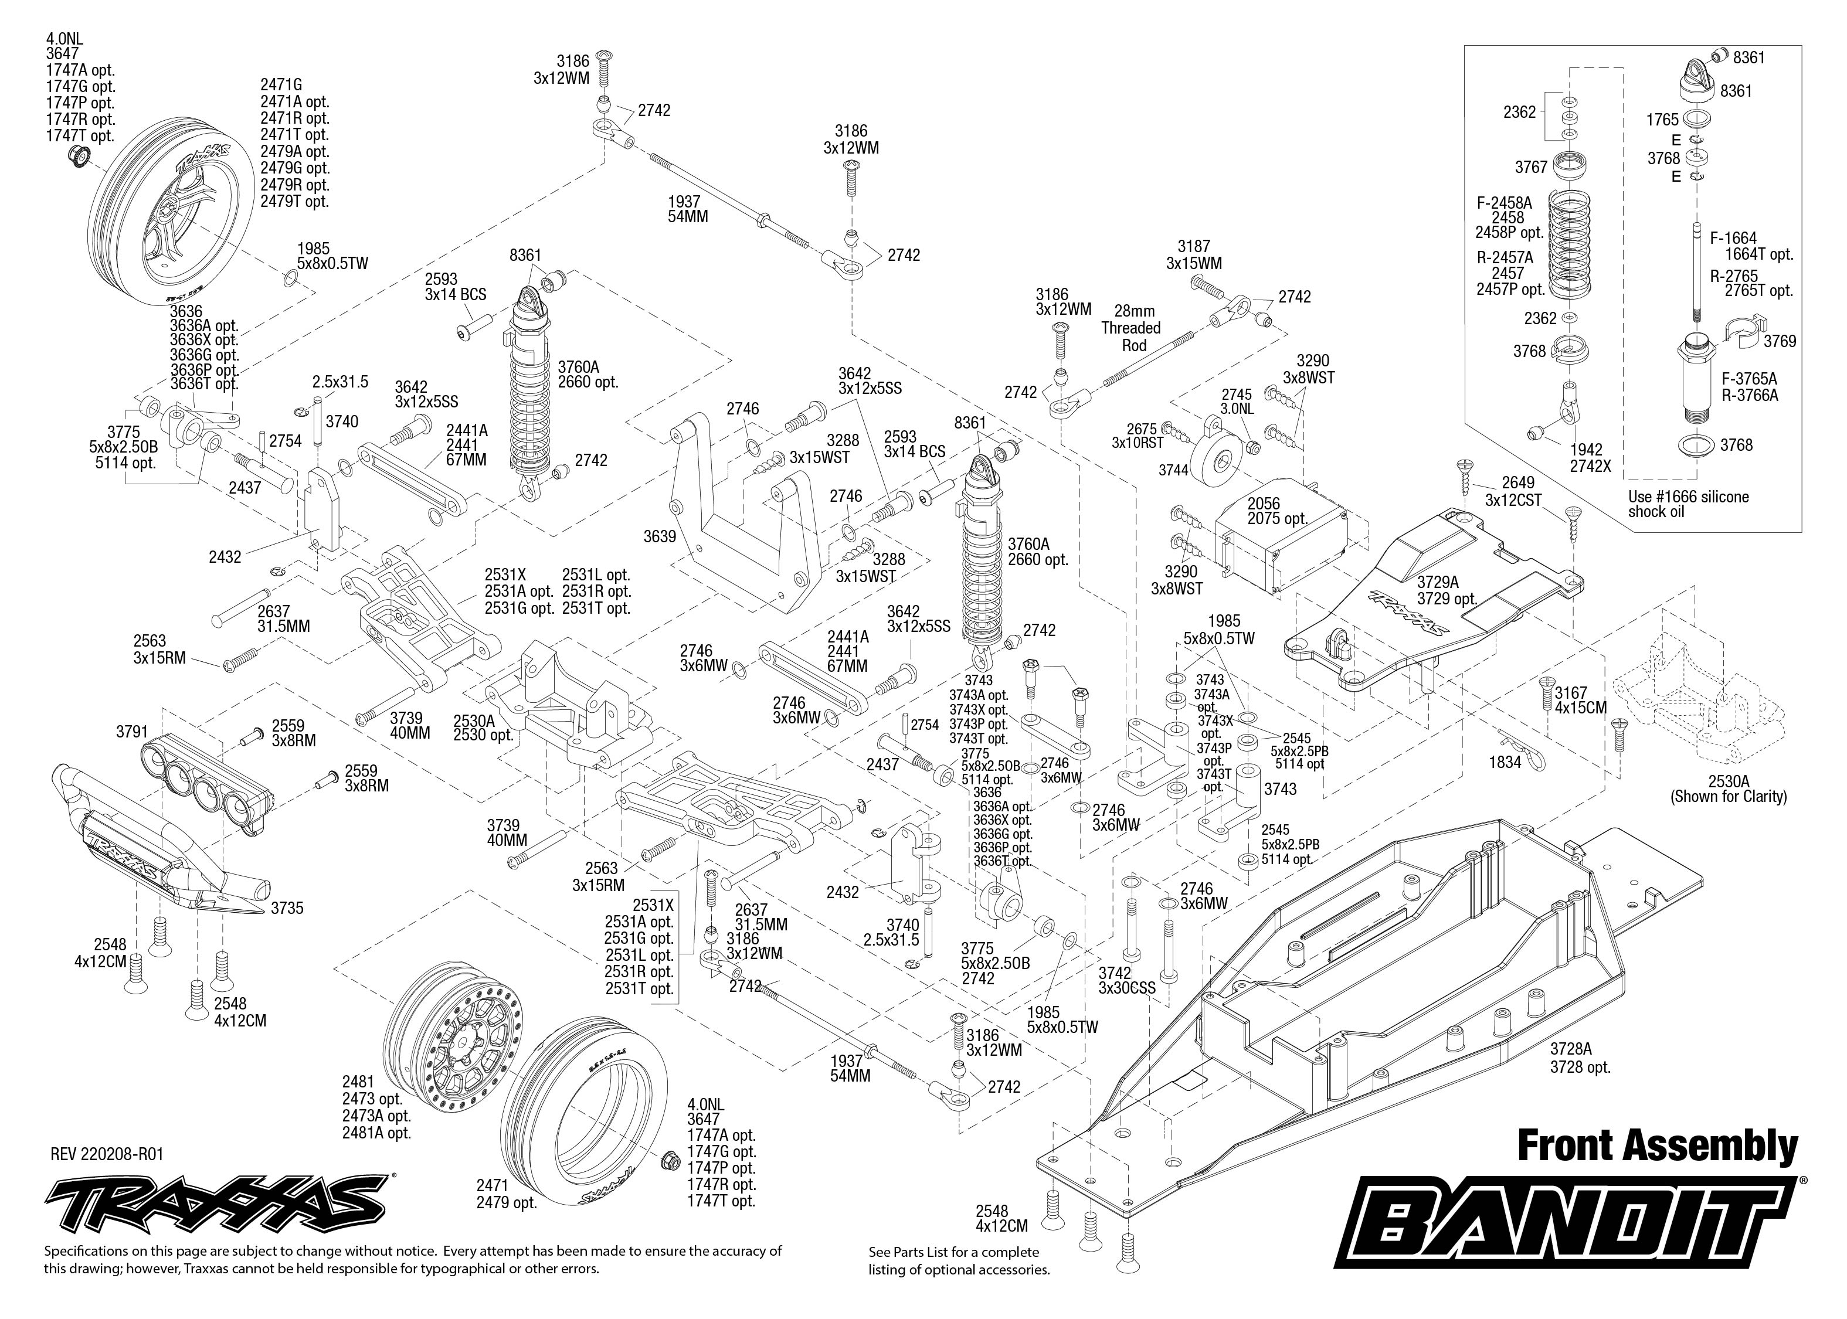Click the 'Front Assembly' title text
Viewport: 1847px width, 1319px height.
point(1658,1146)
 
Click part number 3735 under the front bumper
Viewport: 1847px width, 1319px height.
point(287,908)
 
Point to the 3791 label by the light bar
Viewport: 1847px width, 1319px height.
point(133,732)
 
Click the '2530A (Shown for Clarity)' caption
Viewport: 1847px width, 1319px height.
point(1729,788)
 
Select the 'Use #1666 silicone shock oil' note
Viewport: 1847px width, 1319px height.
point(1689,504)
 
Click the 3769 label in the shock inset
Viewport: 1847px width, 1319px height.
point(1780,341)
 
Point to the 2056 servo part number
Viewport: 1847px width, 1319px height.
point(1264,503)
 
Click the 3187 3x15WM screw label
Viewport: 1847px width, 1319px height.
point(1194,254)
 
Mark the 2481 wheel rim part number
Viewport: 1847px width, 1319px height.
point(358,1082)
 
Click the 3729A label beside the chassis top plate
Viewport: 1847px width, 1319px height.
point(1438,582)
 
